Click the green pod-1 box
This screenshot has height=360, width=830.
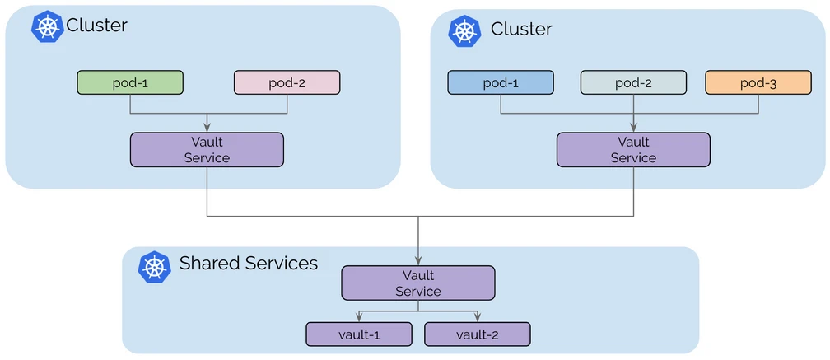(130, 82)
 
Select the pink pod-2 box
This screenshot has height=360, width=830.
(287, 82)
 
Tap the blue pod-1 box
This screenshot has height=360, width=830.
(501, 82)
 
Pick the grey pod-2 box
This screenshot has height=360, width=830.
(632, 82)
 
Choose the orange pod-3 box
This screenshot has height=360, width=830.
(758, 82)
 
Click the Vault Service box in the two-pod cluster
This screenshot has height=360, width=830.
(207, 149)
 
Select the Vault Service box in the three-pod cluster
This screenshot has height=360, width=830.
(633, 149)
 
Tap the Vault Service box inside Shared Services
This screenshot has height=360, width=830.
(418, 283)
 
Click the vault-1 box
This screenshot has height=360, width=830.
(359, 334)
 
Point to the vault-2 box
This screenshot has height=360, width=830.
(478, 334)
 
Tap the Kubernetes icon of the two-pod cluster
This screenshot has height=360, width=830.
(47, 26)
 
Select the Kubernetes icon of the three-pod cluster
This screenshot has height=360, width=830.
(464, 30)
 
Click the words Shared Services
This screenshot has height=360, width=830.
(248, 264)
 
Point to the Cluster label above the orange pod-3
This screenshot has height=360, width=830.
(521, 30)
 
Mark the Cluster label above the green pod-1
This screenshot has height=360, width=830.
(96, 26)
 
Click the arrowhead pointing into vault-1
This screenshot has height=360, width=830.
(359, 317)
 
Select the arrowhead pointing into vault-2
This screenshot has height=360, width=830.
(478, 317)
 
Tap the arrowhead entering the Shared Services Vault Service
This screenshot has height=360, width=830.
(418, 260)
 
